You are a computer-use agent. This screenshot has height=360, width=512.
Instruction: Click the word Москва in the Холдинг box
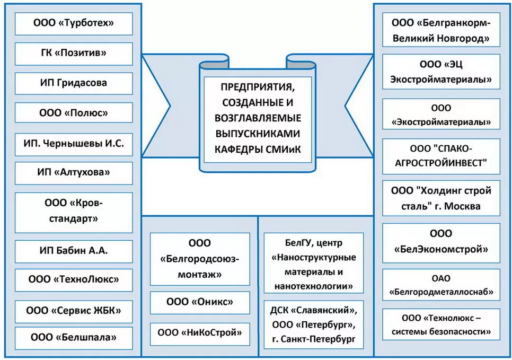point(463,206)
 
